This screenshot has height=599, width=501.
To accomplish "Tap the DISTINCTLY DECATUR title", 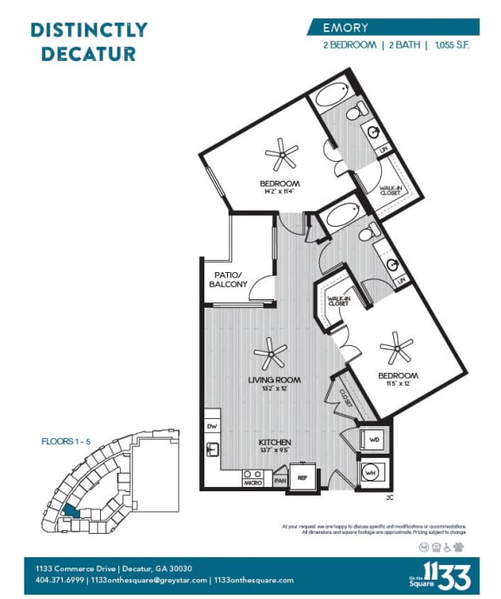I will [89, 42].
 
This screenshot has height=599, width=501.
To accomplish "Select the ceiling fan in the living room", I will [271, 353].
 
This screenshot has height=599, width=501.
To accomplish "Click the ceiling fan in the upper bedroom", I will [281, 156].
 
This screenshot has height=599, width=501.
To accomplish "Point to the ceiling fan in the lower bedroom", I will [397, 348].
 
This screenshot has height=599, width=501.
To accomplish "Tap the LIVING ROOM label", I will [274, 380].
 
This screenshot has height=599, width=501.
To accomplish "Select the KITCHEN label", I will [274, 443].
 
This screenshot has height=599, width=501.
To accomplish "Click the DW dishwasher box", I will [212, 425].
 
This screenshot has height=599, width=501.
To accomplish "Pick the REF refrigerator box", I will [303, 477].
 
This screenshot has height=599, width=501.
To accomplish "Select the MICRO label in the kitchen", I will [254, 481].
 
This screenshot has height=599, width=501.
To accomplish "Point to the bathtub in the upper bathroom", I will [331, 95].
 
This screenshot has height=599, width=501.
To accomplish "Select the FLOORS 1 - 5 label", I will [65, 442].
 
